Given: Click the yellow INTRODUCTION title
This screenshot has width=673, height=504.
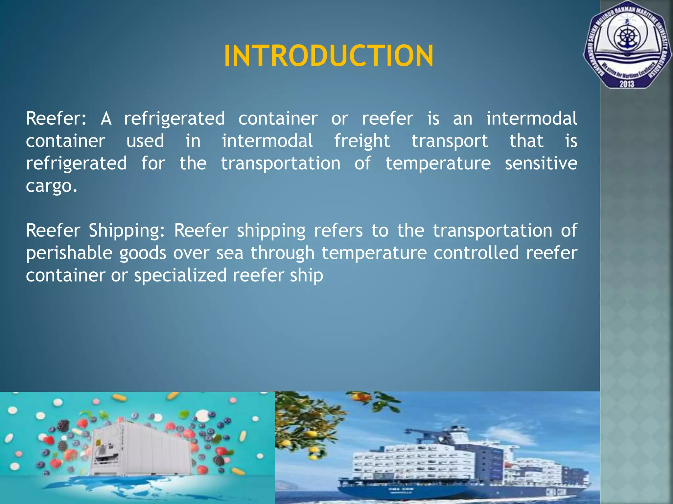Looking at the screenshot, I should (x=329, y=56).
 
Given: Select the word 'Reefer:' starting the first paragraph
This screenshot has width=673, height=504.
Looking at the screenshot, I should (x=56, y=118).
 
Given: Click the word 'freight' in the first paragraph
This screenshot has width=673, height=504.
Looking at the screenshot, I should (x=362, y=141).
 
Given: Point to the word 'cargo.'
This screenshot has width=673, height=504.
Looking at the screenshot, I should (x=52, y=186).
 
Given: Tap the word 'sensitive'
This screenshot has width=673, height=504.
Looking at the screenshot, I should (x=541, y=163).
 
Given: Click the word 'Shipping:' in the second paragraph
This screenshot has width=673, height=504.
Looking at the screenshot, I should (x=127, y=230).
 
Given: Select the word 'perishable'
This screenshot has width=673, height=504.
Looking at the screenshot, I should (x=69, y=253).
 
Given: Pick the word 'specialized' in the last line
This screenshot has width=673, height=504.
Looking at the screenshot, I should (x=180, y=275).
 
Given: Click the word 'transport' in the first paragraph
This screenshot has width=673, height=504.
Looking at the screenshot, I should (x=450, y=141).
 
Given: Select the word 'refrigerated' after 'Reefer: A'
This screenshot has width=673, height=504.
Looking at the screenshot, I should (x=174, y=118).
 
